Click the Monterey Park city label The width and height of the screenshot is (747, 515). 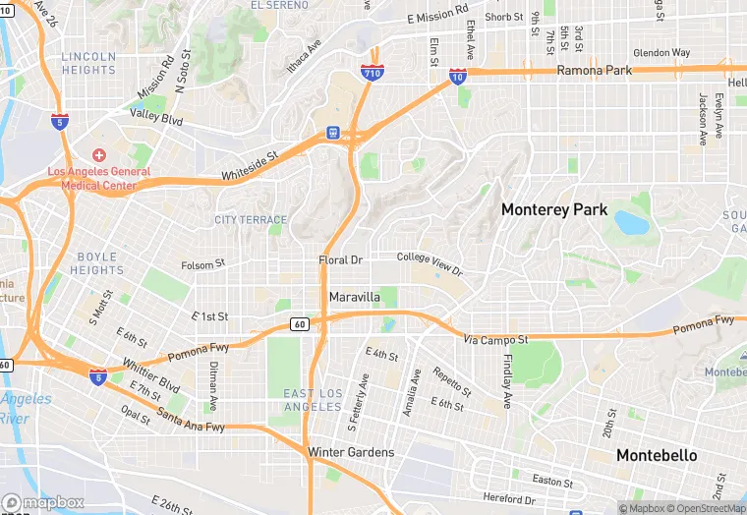coord(554,209)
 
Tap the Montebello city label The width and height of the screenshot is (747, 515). coord(657,455)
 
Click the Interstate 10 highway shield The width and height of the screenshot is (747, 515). coord(459,77)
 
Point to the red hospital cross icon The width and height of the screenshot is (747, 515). coord(99,156)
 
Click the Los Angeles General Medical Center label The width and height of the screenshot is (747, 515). coord(99,178)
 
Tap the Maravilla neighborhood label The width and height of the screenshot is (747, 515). coord(354,297)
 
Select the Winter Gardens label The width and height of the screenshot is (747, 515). coord(351,452)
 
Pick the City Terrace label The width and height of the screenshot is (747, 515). coord(251,220)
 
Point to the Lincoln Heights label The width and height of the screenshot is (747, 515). coord(88,64)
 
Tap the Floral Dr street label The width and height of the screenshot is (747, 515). coord(341,260)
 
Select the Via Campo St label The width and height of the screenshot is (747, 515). coord(496,340)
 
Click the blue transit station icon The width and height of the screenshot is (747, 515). coord(333,133)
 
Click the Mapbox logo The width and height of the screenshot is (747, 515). coord(42,502)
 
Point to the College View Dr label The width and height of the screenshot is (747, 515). coord(429,262)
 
